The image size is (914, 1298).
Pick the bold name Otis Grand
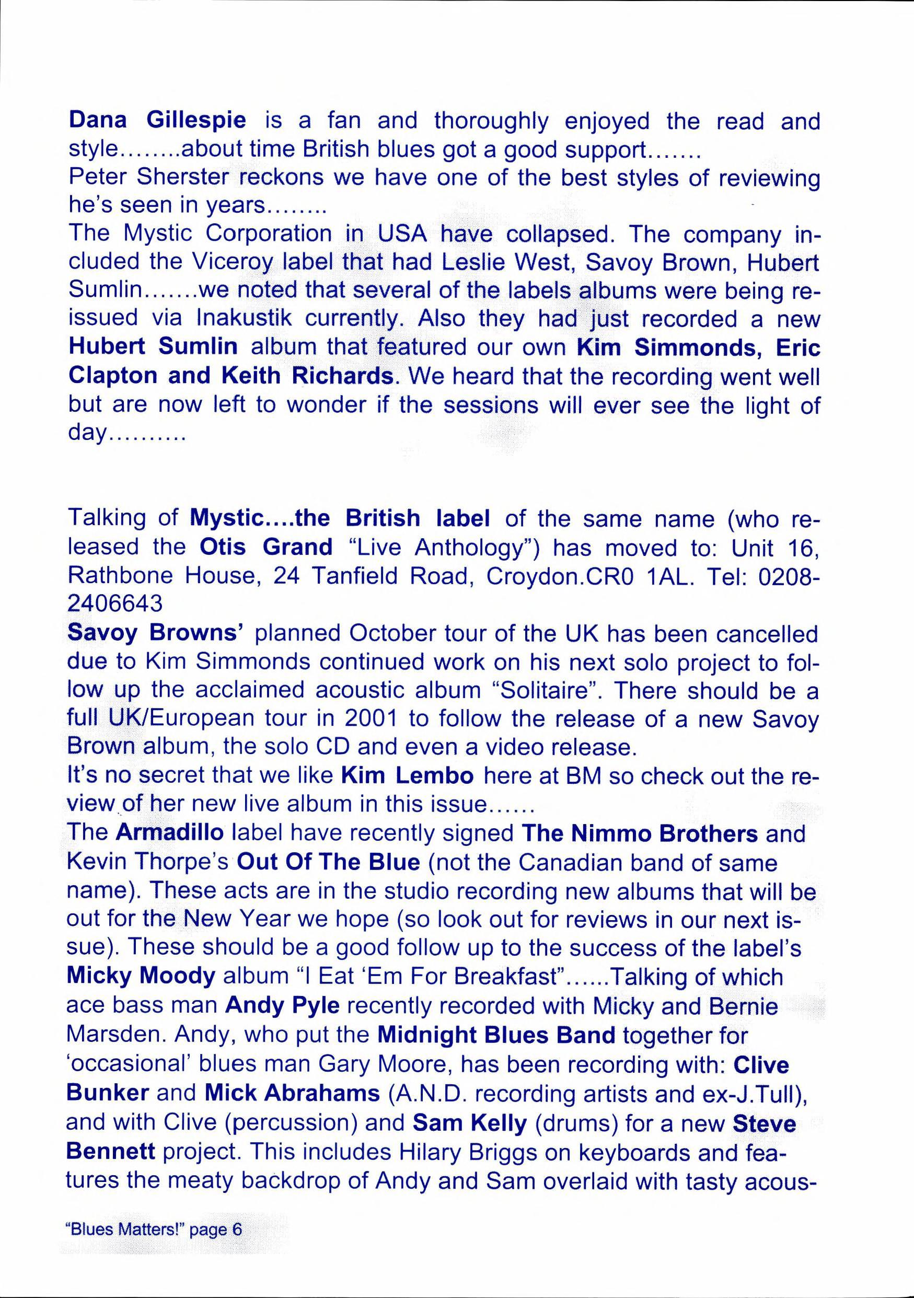(266, 547)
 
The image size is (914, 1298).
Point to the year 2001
(369, 718)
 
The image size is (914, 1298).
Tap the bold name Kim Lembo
(408, 775)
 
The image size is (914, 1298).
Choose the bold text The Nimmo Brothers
(639, 833)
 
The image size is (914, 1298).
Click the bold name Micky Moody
(141, 976)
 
